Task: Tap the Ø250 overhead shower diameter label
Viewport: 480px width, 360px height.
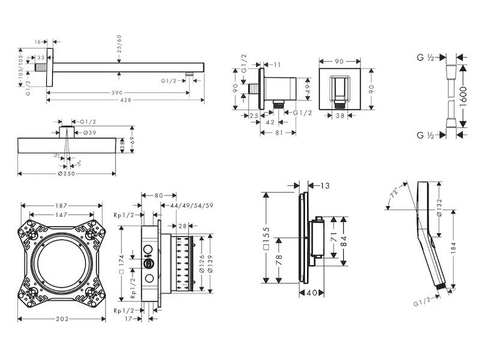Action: [67, 173]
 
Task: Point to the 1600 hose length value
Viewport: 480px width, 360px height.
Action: [463, 96]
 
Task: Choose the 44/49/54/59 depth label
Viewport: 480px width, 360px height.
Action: [193, 206]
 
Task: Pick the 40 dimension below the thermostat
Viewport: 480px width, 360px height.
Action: [311, 293]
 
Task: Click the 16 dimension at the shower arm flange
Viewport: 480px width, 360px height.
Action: [37, 42]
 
